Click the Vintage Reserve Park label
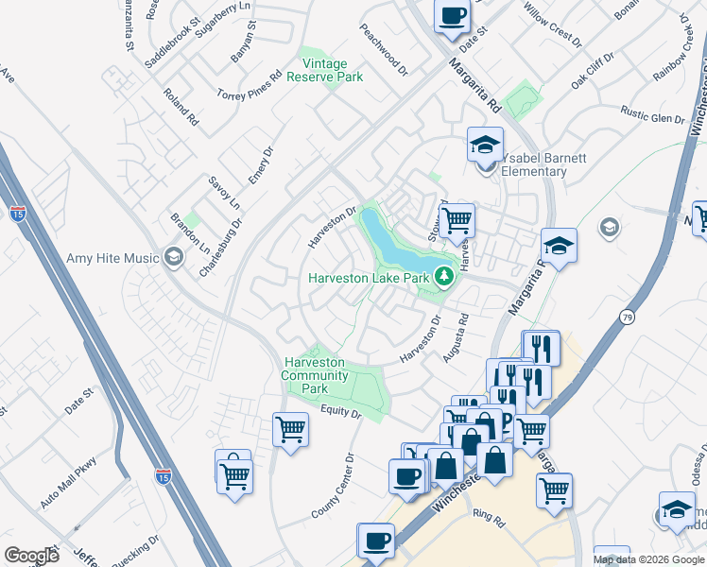tap(332, 71)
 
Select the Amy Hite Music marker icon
tap(173, 257)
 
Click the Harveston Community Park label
tap(314, 375)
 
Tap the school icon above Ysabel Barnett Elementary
tap(485, 146)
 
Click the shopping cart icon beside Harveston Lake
tap(457, 220)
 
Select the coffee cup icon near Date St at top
tap(452, 16)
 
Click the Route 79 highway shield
tap(628, 318)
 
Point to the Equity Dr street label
tap(340, 413)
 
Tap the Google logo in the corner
tap(31, 556)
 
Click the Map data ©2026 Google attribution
tap(648, 559)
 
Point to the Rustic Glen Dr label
tap(652, 116)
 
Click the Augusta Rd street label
tap(456, 338)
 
